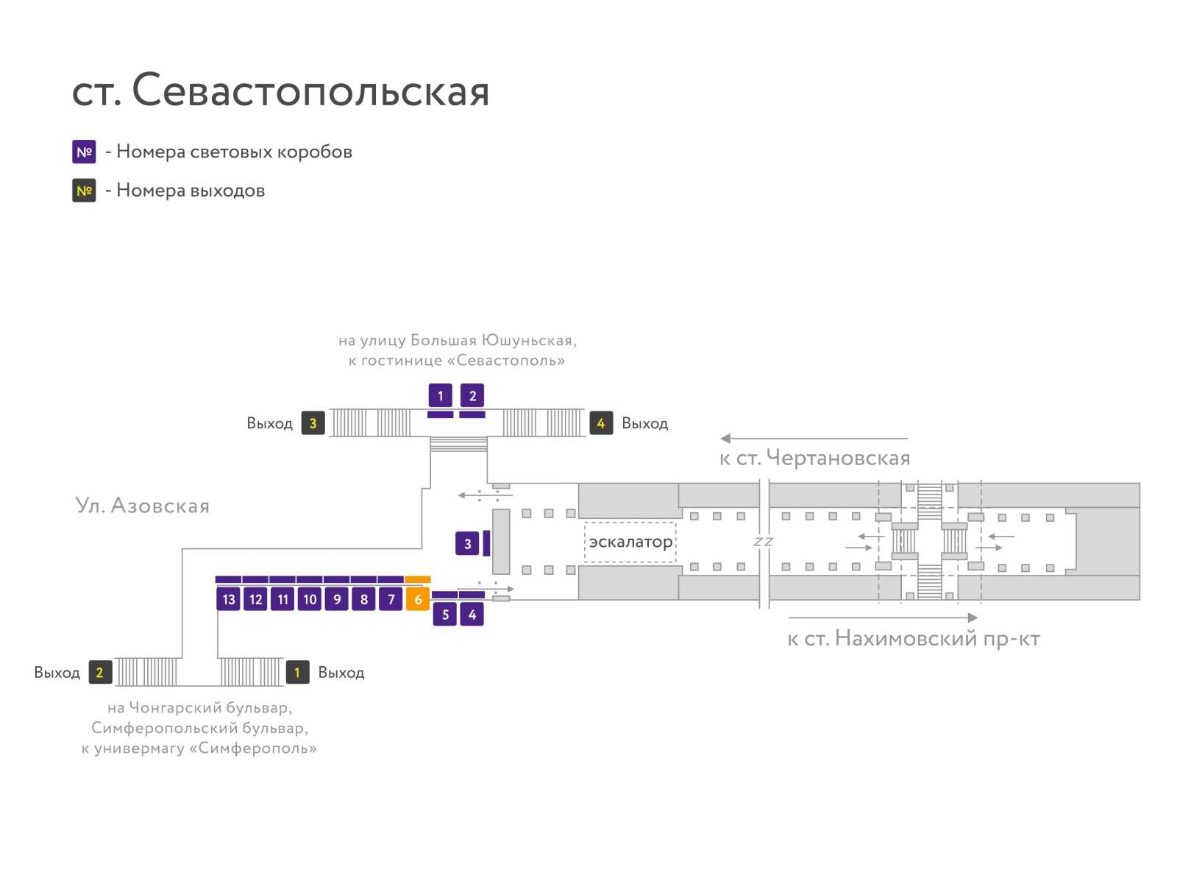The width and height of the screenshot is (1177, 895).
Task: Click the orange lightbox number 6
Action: tap(418, 599)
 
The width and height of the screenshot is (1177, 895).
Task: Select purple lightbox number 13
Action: tap(229, 599)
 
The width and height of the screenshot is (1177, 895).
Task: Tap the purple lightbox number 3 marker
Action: tap(467, 544)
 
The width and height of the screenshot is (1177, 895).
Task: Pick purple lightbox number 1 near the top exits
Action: tap(440, 396)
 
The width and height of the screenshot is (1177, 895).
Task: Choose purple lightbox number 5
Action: tap(445, 615)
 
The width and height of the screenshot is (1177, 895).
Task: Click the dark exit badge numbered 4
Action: tap(601, 423)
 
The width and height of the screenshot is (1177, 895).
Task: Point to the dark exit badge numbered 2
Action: tap(100, 673)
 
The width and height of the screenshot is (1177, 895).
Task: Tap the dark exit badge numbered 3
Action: tap(313, 423)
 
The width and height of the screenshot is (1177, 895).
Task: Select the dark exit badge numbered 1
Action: tap(298, 673)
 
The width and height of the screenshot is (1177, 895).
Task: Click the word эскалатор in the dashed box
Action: tap(630, 542)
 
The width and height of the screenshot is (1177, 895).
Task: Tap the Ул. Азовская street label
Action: tap(142, 505)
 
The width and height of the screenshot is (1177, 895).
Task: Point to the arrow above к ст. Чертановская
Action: tap(814, 438)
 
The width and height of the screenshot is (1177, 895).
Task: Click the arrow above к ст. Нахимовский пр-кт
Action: tap(883, 618)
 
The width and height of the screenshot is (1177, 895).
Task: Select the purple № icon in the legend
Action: tap(84, 152)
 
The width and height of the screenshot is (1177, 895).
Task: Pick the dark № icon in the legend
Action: tap(84, 191)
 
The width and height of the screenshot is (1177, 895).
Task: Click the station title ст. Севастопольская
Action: tap(280, 90)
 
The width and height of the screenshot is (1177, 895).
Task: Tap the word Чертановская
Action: tap(838, 457)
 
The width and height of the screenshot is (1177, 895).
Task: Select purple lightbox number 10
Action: tap(310, 599)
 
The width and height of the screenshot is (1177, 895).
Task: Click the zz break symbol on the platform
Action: tap(763, 542)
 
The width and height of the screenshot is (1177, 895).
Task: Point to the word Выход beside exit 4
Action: tap(644, 424)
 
